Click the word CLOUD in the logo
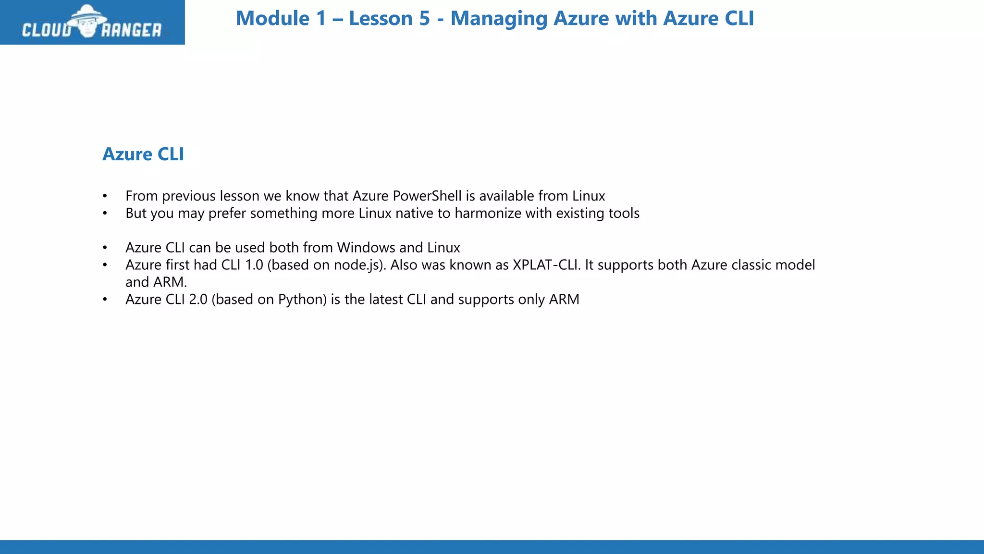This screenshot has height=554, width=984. point(47,30)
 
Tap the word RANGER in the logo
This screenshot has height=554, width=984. point(131,30)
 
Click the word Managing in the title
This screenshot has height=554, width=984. point(498,19)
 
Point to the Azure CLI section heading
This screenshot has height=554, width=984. point(143,154)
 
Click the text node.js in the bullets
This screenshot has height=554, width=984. point(359,265)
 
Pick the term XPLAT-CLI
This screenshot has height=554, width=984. point(544,265)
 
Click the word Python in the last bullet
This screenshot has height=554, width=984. point(302,300)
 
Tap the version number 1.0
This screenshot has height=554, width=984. point(254,265)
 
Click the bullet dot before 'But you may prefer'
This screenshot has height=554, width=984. point(105,214)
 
